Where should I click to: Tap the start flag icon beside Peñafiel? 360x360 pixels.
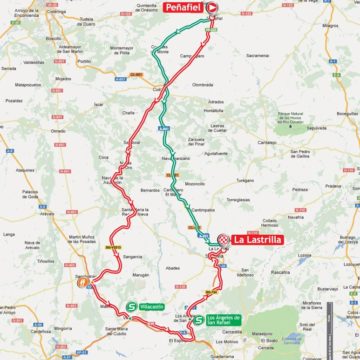tap(212, 7)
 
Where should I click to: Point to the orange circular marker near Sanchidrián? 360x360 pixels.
tap(81, 283)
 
